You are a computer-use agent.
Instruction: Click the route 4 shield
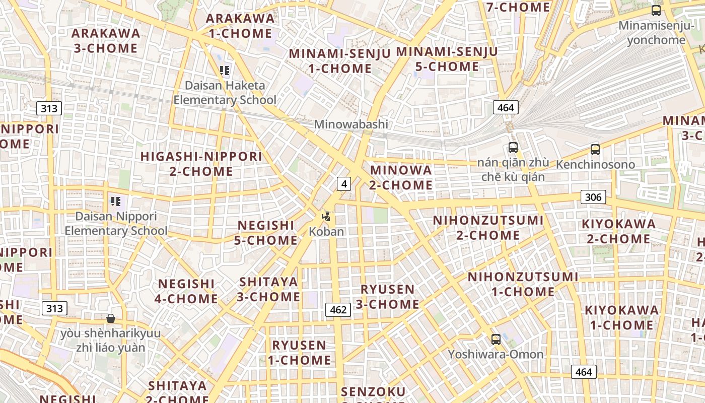click(x=344, y=184)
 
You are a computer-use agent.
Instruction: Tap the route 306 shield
click(x=593, y=197)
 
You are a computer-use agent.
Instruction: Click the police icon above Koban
click(x=326, y=217)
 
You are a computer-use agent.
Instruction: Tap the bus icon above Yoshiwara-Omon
click(x=496, y=340)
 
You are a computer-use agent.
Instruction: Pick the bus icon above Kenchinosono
click(x=595, y=149)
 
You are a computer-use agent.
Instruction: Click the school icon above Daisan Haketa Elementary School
click(x=225, y=71)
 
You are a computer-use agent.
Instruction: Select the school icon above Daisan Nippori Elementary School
click(x=116, y=201)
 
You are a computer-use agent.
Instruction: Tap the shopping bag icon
click(x=111, y=318)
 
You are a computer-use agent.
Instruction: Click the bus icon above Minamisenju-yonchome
click(x=656, y=11)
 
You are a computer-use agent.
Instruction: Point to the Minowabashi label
click(x=351, y=124)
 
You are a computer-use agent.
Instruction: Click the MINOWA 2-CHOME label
click(x=401, y=177)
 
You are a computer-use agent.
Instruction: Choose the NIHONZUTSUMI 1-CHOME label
click(x=523, y=284)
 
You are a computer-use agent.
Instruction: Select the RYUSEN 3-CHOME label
click(x=388, y=297)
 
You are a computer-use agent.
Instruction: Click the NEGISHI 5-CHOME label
click(x=266, y=233)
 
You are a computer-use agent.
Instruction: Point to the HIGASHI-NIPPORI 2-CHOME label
click(x=201, y=164)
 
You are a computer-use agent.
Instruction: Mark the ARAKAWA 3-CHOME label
click(x=106, y=41)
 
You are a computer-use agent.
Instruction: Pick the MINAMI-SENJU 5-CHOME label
click(x=447, y=59)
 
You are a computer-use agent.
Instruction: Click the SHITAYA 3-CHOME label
click(x=269, y=289)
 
